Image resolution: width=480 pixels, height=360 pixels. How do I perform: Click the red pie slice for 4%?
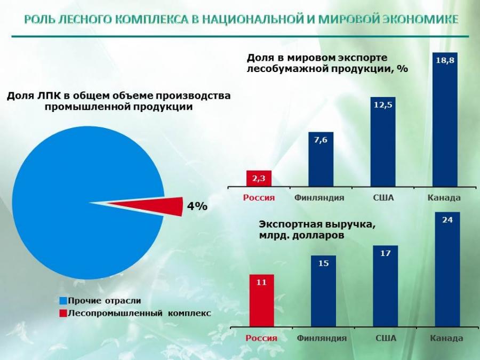coord(160,206)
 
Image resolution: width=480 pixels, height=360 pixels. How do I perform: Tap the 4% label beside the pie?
coord(196,206)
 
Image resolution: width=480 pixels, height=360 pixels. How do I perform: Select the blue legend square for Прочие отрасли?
coord(63,301)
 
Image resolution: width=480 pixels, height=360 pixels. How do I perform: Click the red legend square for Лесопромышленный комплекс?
coord(63,313)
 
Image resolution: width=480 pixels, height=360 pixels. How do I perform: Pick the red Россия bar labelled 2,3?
coord(259,179)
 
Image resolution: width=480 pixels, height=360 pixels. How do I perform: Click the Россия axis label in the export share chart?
coord(259,198)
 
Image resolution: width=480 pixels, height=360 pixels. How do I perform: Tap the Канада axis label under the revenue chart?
coord(446,339)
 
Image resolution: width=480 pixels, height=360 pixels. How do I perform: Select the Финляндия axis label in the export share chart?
coord(319,198)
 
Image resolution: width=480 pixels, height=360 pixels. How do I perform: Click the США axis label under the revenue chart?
coord(385,339)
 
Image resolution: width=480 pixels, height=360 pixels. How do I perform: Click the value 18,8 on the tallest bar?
coord(445,60)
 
